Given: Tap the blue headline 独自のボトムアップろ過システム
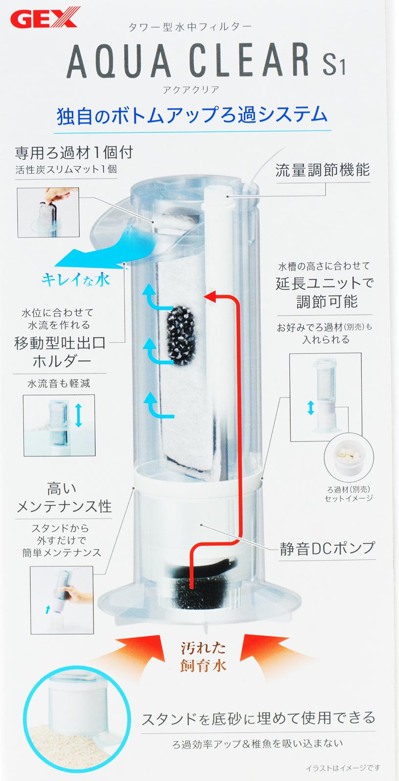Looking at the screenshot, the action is [192, 116].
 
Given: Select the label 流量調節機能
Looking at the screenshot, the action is [322, 170].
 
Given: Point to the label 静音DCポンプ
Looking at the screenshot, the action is [327, 549].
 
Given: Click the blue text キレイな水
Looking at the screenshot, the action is [75, 279].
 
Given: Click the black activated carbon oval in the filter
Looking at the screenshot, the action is [181, 335].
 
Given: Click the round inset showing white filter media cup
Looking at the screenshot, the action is [349, 457].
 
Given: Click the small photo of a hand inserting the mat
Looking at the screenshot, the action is [48, 212].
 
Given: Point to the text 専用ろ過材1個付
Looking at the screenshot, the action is [74, 153].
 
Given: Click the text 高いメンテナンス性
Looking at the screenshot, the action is [64, 497].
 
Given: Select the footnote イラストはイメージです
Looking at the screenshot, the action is [343, 767].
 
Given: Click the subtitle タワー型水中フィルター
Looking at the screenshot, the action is [190, 27].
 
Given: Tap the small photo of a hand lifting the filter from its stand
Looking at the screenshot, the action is [62, 600].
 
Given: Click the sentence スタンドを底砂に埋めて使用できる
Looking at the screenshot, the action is [259, 718].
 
